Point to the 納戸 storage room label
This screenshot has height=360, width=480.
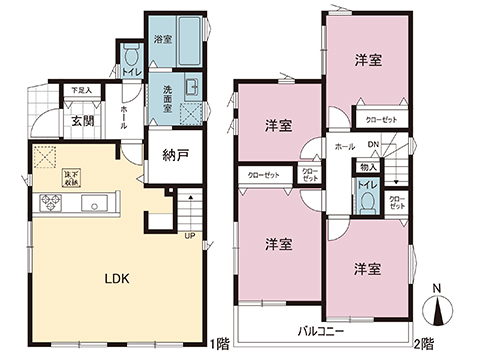pos(175,154)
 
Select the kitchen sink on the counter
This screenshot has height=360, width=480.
pos(98,205)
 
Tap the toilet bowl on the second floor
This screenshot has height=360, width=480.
pos(367,200)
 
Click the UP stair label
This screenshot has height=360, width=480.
pos(187,236)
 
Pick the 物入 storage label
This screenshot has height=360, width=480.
pos(368,167)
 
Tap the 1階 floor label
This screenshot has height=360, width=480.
pos(222,342)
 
